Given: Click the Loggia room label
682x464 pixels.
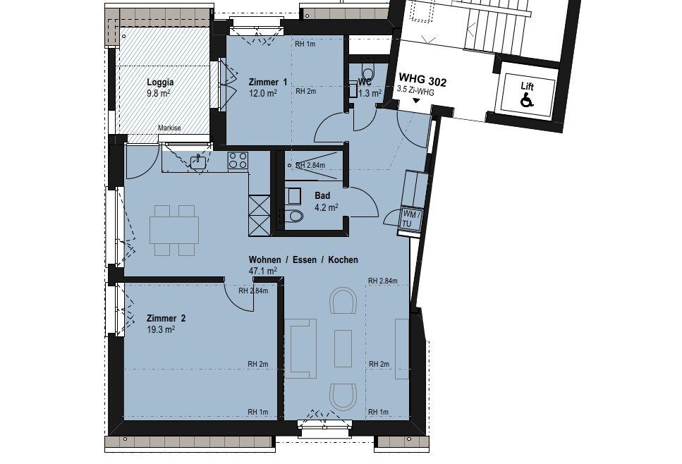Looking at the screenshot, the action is (x=160, y=83).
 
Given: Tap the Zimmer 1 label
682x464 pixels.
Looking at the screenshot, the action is (x=267, y=83).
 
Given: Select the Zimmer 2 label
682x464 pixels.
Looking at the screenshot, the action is (x=166, y=318).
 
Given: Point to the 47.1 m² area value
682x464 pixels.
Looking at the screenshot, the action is (x=262, y=271).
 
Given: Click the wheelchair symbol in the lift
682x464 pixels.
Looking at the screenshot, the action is (x=527, y=101).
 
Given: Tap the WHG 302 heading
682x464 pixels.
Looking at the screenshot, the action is (x=422, y=80).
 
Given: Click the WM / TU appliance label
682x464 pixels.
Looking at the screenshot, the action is (x=411, y=219).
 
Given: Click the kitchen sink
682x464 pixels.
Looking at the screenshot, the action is (x=199, y=161).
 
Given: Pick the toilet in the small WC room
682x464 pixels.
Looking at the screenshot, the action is (x=367, y=71).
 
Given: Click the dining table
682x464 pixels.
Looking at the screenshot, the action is (x=174, y=229).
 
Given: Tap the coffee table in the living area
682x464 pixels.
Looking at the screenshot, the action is (x=343, y=348).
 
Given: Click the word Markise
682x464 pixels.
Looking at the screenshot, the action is (x=169, y=128).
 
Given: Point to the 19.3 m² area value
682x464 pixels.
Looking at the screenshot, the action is (x=161, y=329).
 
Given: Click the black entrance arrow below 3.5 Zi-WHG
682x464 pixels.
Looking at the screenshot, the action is (x=416, y=101).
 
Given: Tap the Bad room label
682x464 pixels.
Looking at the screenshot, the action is (x=322, y=196).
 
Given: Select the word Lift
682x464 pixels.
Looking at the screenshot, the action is (x=527, y=87).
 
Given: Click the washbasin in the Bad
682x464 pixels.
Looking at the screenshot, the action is (x=293, y=196).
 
